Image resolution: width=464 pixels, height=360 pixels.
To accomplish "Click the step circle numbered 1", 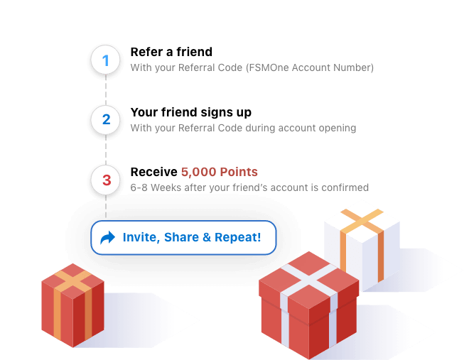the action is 106,60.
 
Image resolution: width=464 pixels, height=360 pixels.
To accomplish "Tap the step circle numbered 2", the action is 106,120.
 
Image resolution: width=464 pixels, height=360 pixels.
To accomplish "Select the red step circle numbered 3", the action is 106,180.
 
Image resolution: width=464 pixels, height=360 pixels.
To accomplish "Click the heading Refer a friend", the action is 171,52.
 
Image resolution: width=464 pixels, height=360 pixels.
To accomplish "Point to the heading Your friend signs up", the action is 191,113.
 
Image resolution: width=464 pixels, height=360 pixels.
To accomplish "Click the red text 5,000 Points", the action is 220,172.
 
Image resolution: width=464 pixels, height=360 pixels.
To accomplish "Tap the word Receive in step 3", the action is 154,172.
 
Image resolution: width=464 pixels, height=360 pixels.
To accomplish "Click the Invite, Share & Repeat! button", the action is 183,238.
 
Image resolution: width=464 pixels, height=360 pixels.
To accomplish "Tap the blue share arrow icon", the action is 108,238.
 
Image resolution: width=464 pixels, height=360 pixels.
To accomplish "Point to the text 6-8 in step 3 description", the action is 139,187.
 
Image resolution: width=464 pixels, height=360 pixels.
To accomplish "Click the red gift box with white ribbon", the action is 309,305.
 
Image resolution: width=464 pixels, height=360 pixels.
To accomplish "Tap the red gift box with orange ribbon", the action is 72,305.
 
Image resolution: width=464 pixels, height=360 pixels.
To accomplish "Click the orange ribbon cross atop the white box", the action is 362,221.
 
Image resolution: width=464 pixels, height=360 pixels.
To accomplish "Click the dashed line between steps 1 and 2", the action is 106,90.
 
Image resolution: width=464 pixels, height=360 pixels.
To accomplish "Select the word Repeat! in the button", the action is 238,238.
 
